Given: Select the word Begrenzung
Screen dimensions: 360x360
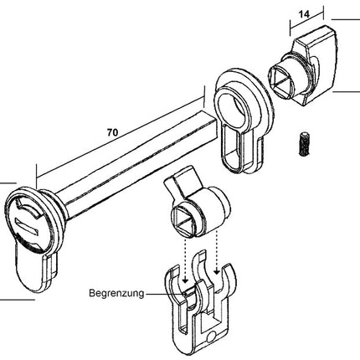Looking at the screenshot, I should [x=115, y=294].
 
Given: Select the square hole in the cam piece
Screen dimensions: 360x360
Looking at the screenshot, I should [x=186, y=222].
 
